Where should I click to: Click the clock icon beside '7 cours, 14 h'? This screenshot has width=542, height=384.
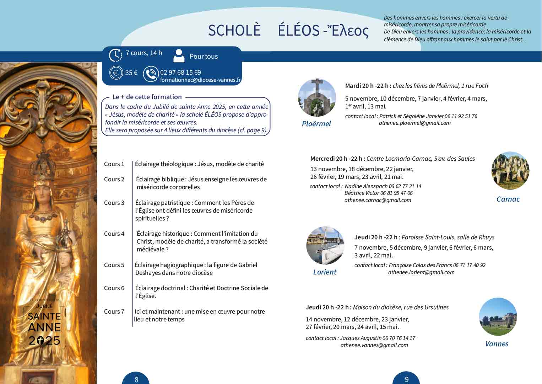point(115,55)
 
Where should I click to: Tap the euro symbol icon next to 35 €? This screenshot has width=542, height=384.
point(115,73)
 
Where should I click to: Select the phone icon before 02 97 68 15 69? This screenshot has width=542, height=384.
point(151,74)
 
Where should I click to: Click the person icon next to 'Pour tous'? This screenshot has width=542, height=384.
point(179,56)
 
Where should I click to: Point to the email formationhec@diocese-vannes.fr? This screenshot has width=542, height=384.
point(200,80)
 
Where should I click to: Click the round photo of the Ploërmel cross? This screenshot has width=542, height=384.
point(317,97)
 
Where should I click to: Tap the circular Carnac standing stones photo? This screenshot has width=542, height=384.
point(510,171)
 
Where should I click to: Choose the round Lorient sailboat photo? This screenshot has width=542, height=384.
point(325,245)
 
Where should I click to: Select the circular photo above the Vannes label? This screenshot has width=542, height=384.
point(498,317)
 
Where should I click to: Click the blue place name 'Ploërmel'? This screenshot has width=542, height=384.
point(316,124)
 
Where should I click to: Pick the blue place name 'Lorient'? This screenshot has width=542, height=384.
point(325,272)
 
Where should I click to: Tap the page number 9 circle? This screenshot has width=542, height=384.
point(407,379)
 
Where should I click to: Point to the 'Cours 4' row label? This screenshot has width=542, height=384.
point(114,234)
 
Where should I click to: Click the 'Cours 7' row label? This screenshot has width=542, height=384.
point(114,311)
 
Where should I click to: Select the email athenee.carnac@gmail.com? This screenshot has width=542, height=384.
point(378,200)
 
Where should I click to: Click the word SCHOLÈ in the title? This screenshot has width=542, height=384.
point(234,31)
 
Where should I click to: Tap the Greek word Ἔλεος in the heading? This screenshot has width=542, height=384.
point(349,31)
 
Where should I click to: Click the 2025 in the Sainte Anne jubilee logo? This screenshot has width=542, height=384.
point(44,341)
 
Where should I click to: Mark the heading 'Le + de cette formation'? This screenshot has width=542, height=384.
point(147,97)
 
